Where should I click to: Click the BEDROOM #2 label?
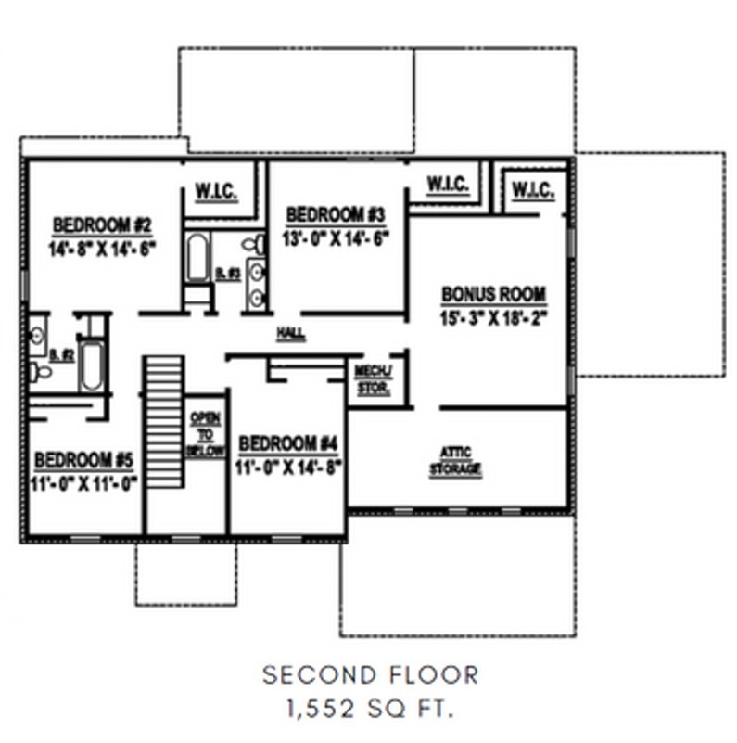point(103,224)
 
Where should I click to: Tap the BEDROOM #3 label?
point(335,215)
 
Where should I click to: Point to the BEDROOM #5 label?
point(84,460)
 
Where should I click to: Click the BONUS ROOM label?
point(493,295)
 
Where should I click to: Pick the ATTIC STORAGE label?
point(455,462)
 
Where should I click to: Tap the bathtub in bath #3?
point(197,257)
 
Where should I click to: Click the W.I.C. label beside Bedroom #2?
point(217,193)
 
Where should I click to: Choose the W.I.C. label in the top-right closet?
point(533,192)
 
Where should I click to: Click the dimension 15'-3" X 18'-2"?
point(493,317)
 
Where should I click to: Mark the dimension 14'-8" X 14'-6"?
point(103,248)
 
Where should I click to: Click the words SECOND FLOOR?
point(370,674)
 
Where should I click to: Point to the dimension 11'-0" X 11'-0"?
point(84,482)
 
